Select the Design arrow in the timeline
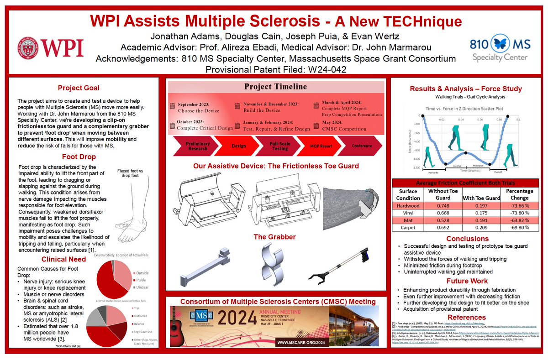pyautogui.click(x=238, y=146)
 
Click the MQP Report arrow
pyautogui.click(x=321, y=146)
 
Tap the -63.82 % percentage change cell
pyautogui.click(x=517, y=221)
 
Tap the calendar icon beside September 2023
pyautogui.click(x=173, y=106)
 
